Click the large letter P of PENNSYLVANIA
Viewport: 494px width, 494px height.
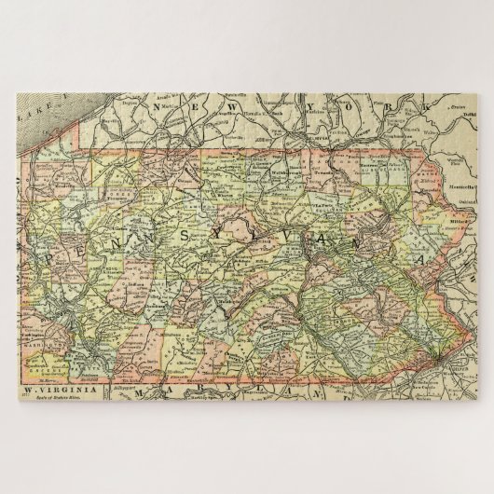(50, 251)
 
